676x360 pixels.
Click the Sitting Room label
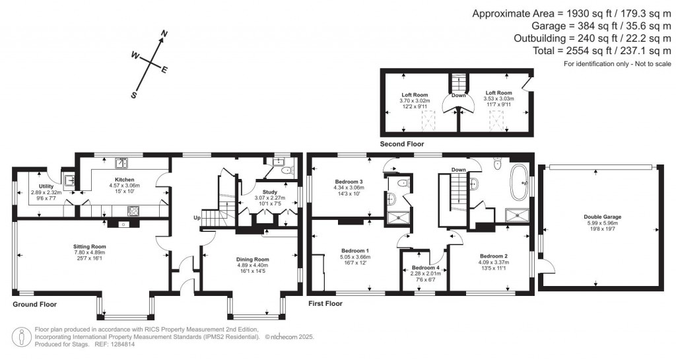pyautogui.click(x=89, y=246)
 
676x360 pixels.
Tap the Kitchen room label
pyautogui.click(x=124, y=180)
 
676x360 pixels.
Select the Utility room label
pyautogui.click(x=46, y=187)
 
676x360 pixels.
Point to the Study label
pyautogui.click(x=270, y=192)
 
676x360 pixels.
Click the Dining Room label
pyautogui.click(x=253, y=260)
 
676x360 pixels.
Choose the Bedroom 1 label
pyautogui.click(x=355, y=251)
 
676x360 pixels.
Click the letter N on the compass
pyautogui.click(x=165, y=34)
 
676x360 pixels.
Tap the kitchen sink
pyautogui.click(x=121, y=163)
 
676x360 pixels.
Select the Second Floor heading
pyautogui.click(x=401, y=143)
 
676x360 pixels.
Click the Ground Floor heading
pyautogui.click(x=34, y=305)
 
